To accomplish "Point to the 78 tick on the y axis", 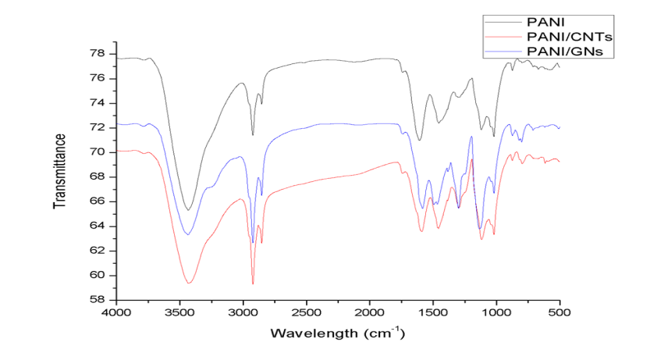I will (99, 54).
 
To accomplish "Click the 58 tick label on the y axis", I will (99, 300).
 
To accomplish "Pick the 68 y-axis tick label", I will (99, 176).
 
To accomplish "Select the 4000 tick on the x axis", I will (116, 313).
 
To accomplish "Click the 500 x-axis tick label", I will (559, 313).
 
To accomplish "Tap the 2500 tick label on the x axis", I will (307, 313).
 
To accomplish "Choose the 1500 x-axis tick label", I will (433, 313).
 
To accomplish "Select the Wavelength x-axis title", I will (337, 333).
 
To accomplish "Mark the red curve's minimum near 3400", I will (189, 283).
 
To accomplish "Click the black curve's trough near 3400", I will (188, 210).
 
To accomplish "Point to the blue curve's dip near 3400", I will (187, 234).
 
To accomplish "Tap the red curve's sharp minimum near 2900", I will (253, 284).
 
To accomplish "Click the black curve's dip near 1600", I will (420, 141).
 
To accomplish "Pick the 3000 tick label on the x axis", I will (243, 313).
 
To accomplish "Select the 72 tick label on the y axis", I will (99, 127).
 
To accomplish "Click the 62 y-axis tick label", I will (99, 251).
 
